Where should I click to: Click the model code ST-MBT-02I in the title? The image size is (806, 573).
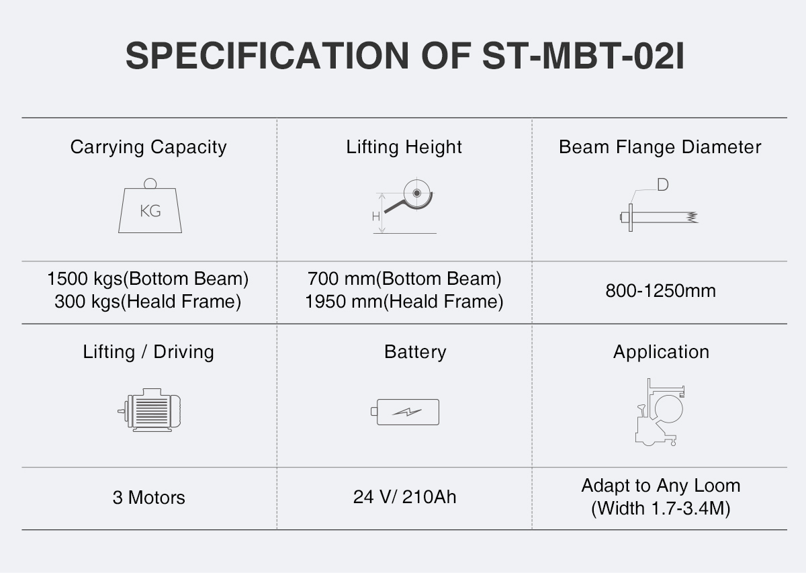click(x=583, y=56)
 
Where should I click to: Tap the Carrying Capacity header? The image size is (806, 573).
click(x=148, y=147)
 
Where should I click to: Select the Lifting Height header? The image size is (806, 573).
click(x=404, y=147)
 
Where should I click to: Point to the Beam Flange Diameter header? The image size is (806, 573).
click(x=660, y=147)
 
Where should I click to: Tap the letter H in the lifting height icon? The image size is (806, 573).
click(x=375, y=217)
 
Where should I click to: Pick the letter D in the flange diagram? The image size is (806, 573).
click(x=663, y=185)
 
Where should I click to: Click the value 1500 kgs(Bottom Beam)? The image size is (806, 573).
click(x=148, y=279)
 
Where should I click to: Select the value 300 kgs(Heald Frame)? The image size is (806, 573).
click(x=148, y=302)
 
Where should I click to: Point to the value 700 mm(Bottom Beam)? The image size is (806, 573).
click(x=404, y=279)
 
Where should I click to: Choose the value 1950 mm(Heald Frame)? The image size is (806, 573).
click(x=404, y=302)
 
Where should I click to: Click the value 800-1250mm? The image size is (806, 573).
click(x=660, y=291)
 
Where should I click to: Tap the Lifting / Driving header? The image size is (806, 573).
click(x=148, y=352)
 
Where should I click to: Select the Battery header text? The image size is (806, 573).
click(x=415, y=352)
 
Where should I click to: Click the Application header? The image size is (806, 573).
click(x=661, y=352)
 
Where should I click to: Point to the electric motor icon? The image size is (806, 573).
click(x=149, y=410)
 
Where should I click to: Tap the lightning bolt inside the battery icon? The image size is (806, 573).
click(x=407, y=412)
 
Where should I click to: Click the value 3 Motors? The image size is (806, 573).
click(x=148, y=498)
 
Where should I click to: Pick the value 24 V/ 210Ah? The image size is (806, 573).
click(x=404, y=497)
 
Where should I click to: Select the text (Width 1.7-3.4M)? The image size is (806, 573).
click(x=661, y=509)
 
